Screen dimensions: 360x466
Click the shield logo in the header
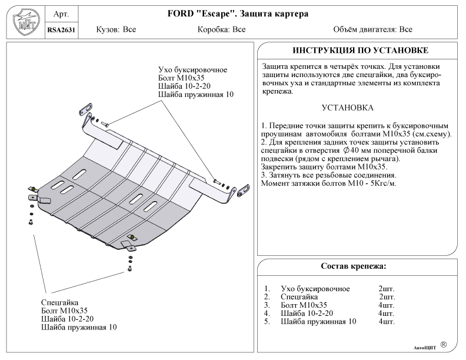pyautogui.click(x=24, y=21)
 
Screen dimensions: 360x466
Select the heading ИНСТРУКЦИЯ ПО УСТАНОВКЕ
pyautogui.click(x=360, y=51)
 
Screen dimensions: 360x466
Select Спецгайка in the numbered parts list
pyautogui.click(x=299, y=297)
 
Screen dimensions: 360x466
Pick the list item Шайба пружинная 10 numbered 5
pyautogui.click(x=318, y=322)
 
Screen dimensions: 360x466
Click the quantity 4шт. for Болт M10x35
pyautogui.click(x=387, y=305)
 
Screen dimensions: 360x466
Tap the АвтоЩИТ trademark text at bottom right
pyautogui.click(x=422, y=347)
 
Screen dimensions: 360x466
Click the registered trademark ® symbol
pyautogui.click(x=443, y=344)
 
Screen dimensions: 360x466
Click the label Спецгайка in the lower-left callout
pyautogui.click(x=60, y=302)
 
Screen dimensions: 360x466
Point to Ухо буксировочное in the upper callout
pyautogui.click(x=192, y=70)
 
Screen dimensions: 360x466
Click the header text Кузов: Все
pyautogui.click(x=116, y=29)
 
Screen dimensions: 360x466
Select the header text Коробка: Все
pyautogui.click(x=222, y=29)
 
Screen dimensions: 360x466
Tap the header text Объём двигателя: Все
pyautogui.click(x=372, y=29)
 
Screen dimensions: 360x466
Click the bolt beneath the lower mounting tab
pyautogui.click(x=129, y=268)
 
